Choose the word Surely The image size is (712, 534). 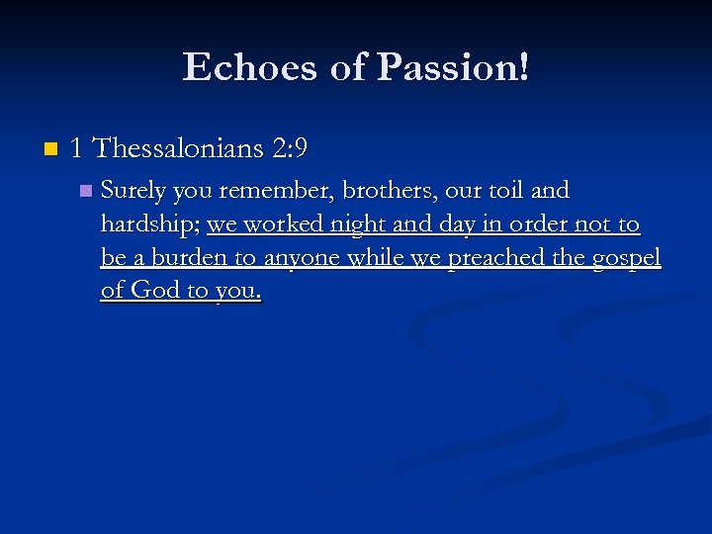point(133,190)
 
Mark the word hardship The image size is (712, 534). point(149,224)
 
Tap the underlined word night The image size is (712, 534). point(352,224)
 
